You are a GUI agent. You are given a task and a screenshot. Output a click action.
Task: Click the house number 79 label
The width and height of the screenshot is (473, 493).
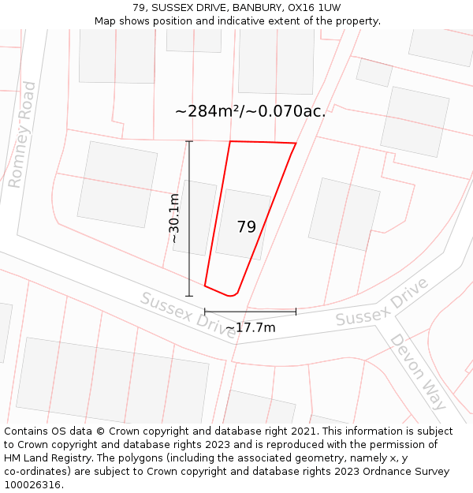pos(246,227)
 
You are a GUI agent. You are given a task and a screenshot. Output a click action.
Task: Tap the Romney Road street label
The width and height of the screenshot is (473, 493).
pos(23,135)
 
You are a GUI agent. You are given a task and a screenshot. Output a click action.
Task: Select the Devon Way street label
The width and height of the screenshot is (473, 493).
pos(419,372)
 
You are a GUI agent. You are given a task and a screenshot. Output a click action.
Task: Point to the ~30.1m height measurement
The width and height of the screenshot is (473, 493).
pos(174,218)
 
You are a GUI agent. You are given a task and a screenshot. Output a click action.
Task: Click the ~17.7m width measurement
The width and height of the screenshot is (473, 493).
pos(250,327)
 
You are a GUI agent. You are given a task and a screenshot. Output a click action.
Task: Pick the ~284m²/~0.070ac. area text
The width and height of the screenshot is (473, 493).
pos(250,111)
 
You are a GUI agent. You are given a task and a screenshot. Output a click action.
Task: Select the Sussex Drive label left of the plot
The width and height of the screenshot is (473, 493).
pos(188,315)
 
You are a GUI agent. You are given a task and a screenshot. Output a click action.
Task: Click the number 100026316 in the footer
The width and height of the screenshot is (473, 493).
pos(32,485)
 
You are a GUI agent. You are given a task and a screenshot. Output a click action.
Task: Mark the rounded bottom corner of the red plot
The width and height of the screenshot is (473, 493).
pos(232,295)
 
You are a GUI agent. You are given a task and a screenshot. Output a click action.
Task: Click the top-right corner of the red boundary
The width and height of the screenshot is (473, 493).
pos(296,144)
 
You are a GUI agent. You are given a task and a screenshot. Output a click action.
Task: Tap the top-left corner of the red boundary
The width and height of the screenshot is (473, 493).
pos(229,142)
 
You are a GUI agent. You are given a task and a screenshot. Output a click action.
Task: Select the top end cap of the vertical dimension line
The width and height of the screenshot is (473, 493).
pos(189,141)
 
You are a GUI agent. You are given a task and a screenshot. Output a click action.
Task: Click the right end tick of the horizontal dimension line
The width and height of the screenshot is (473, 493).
pos(296,312)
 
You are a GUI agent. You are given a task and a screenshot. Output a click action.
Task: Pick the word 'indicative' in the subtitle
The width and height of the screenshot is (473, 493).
pos(242,21)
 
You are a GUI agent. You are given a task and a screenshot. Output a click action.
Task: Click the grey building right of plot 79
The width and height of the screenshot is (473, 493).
pos(344,214)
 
